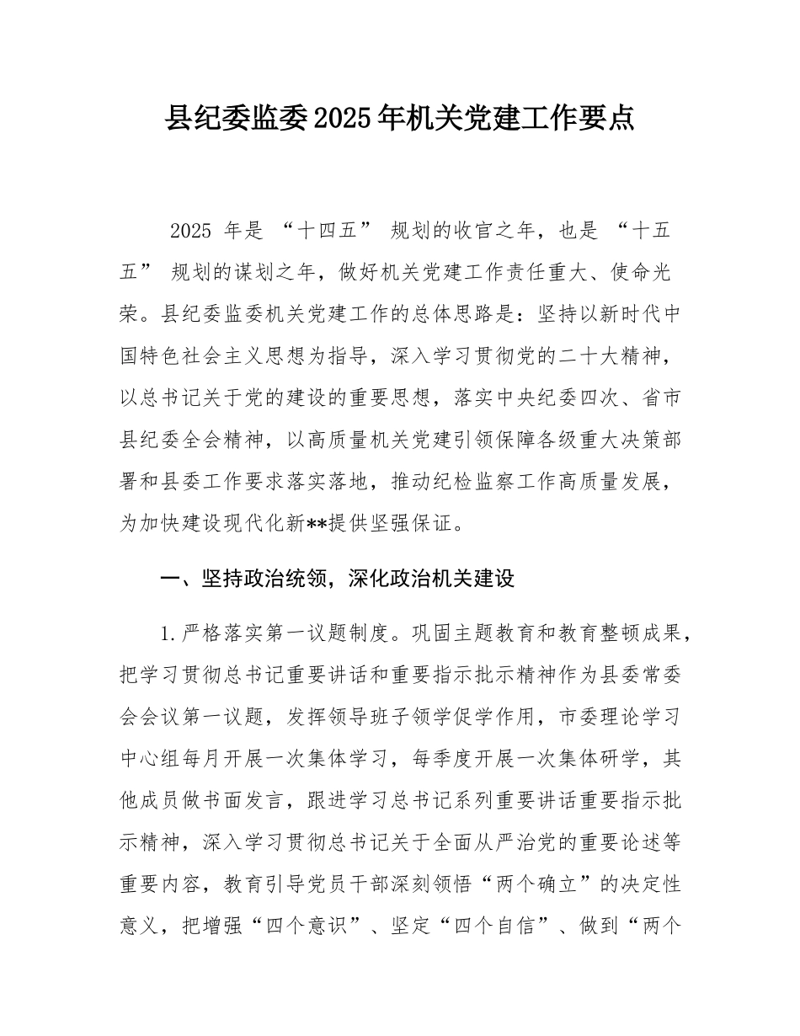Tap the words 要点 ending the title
[x=608, y=119]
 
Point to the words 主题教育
[x=461, y=633]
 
